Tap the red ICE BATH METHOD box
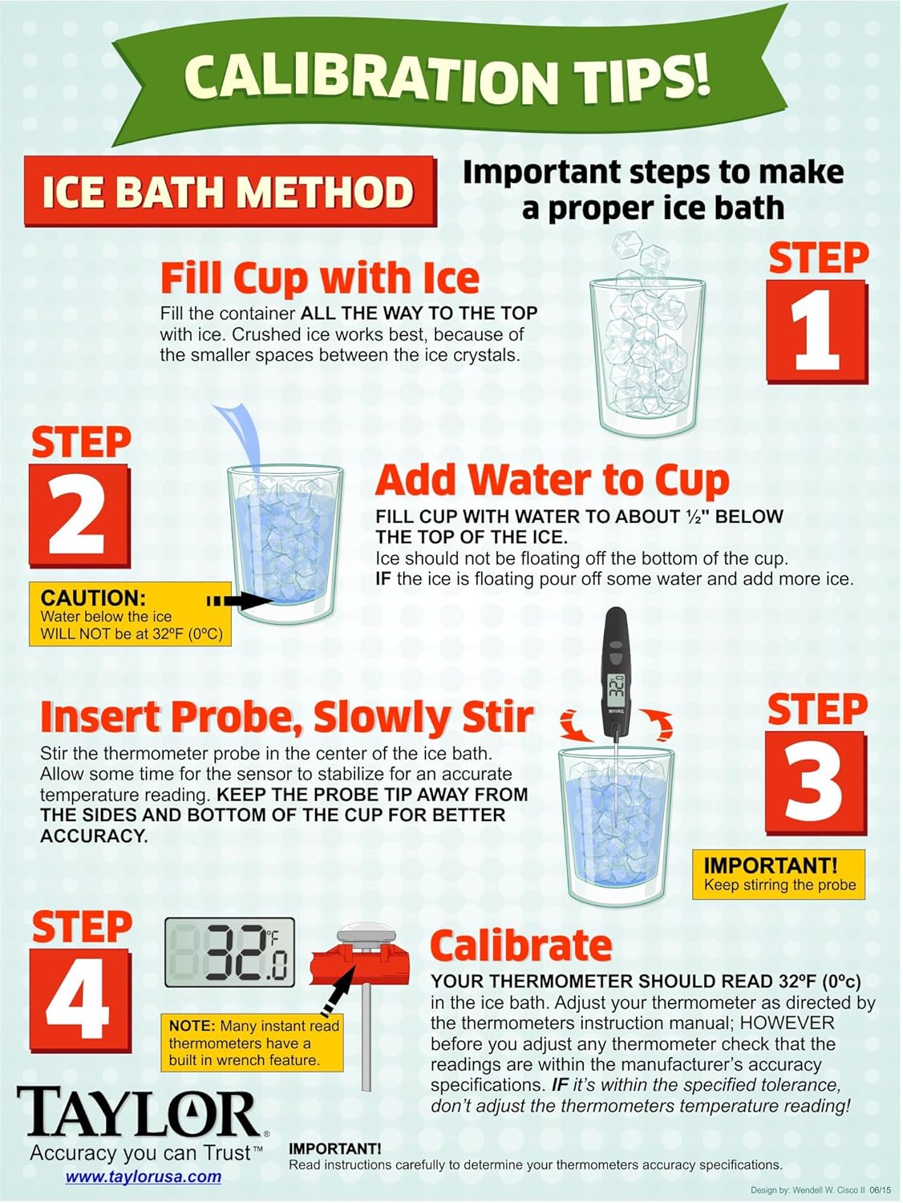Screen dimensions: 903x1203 point(230,191)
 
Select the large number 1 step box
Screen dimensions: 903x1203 point(817,331)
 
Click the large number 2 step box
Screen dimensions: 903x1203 point(80,515)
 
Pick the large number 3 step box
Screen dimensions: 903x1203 point(816,784)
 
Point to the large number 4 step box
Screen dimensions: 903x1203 point(80,1000)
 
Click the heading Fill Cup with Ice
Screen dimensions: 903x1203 point(320,280)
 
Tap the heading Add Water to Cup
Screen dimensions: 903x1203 point(553,480)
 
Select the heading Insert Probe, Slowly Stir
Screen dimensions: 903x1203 point(286,717)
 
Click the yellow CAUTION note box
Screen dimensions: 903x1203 point(131,614)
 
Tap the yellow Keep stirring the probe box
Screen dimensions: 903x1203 point(779,874)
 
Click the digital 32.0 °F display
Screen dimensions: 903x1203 point(229,952)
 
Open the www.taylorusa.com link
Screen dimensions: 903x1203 point(144,1177)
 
